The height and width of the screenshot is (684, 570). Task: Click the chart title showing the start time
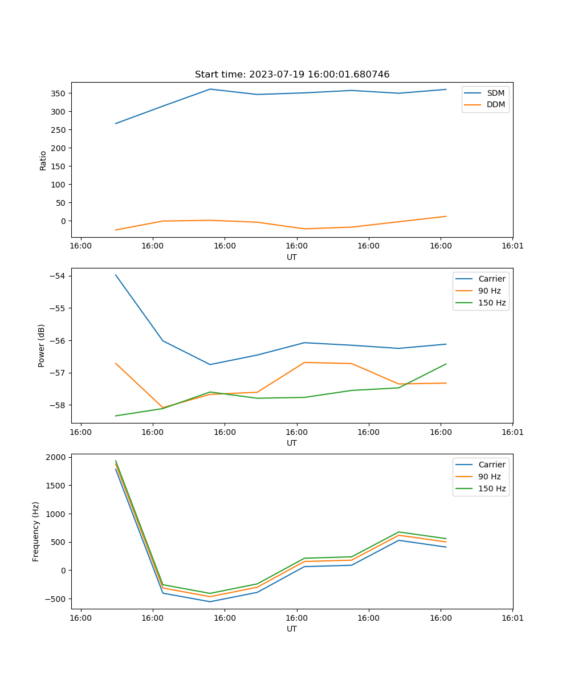pos(292,75)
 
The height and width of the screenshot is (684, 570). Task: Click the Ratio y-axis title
pos(43,160)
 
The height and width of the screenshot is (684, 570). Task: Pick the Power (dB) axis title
pos(42,345)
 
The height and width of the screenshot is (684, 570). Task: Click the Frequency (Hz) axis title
pos(36,531)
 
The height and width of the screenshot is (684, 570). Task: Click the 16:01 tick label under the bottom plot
pos(512,617)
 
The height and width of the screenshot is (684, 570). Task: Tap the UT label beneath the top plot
pos(292,257)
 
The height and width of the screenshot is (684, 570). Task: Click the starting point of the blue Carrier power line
pos(116,275)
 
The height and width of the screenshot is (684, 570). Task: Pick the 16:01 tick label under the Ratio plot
pos(512,246)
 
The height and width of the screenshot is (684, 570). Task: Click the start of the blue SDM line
pos(116,124)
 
